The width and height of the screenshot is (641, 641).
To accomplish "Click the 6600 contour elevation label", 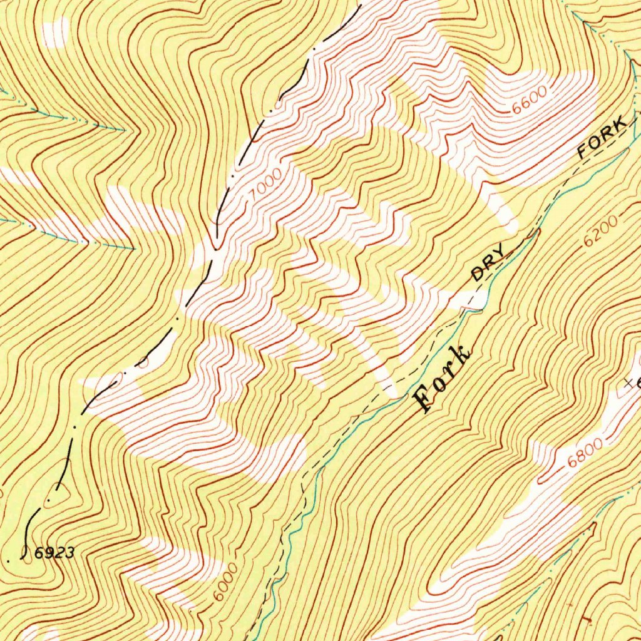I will pos(529,100).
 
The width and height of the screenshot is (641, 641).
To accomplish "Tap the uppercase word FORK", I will pos(602,137).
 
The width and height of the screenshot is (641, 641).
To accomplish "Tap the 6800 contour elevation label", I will pos(586,453).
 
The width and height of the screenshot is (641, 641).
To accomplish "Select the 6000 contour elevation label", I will pos(224,581).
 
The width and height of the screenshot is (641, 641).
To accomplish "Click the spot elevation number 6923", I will pos(55,553).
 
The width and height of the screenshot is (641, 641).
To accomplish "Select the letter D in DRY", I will pos(478,274).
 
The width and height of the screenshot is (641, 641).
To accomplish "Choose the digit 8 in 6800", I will pos(580,456).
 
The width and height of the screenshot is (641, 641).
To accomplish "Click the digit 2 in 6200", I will pos(595,236).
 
